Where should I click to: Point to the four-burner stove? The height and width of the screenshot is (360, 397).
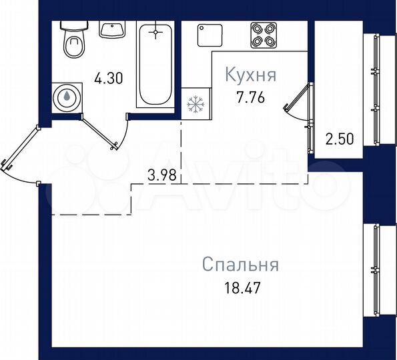[263, 35]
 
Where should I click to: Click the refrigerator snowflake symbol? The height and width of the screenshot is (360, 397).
[195, 105]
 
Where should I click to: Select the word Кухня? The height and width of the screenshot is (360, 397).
[250, 74]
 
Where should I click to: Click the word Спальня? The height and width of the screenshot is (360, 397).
[240, 265]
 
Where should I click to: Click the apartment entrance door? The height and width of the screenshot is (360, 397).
[20, 152]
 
